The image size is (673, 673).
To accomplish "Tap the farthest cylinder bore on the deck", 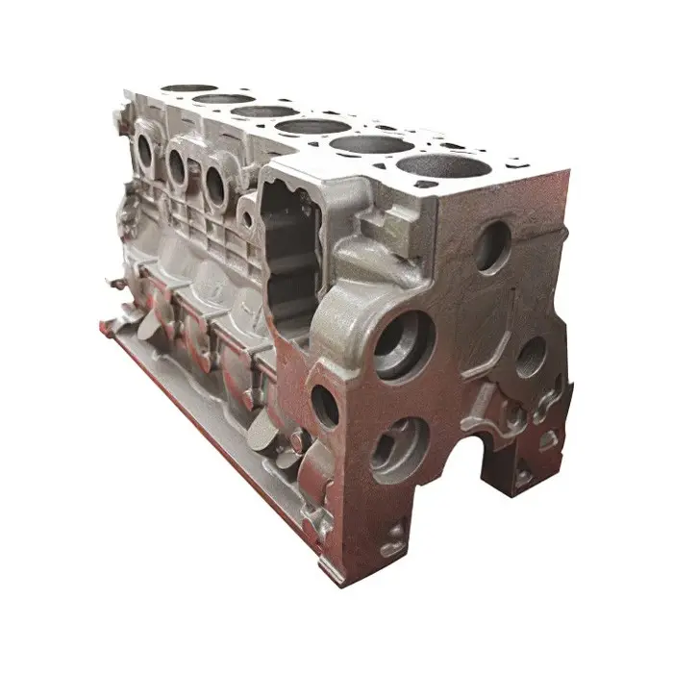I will (x=188, y=88).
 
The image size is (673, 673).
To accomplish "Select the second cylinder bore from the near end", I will (x=372, y=144).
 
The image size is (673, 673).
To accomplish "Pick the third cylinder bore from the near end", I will (x=312, y=126).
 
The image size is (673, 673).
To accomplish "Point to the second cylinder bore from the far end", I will (x=223, y=98).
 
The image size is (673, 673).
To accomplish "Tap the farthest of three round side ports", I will (x=145, y=151).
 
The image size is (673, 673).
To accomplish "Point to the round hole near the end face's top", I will (x=491, y=247).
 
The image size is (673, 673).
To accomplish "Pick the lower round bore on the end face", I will (x=397, y=446).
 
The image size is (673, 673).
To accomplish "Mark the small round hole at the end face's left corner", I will (x=325, y=405).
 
